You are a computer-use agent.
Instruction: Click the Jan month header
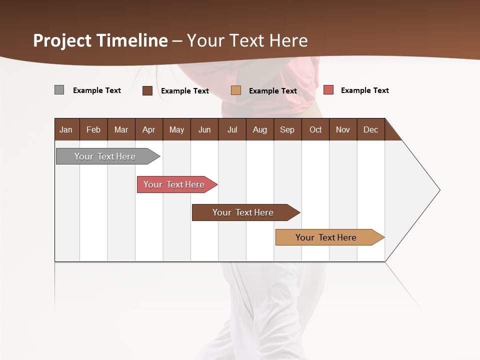pyautogui.click(x=66, y=129)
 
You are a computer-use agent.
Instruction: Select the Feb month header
pyautogui.click(x=93, y=129)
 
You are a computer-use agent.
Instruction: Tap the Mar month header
pyautogui.click(x=121, y=129)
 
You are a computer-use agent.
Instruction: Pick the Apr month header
pyautogui.click(x=149, y=129)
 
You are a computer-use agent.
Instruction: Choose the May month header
pyautogui.click(x=176, y=129)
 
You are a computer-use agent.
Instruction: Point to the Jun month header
pyautogui.click(x=204, y=129)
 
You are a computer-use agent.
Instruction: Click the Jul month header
pyautogui.click(x=232, y=129)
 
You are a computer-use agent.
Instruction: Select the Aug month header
pyautogui.click(x=260, y=129)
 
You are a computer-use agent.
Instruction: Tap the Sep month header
pyautogui.click(x=287, y=129)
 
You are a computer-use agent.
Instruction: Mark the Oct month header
pyautogui.click(x=315, y=129)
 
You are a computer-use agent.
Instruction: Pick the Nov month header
pyautogui.click(x=343, y=129)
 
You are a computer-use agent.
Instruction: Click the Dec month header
pyautogui.click(x=371, y=129)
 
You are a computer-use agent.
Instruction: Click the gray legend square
pyautogui.click(x=59, y=90)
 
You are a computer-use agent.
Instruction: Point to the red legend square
pyautogui.click(x=328, y=90)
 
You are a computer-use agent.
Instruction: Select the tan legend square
pyautogui.click(x=236, y=90)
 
